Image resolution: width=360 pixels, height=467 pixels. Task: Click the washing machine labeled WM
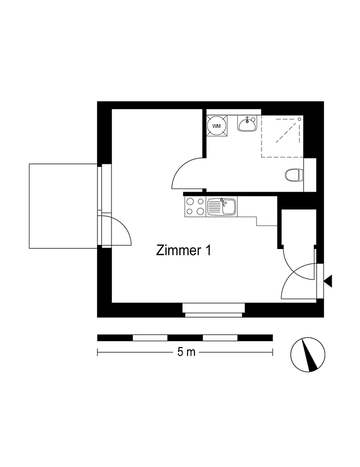pos(217,126)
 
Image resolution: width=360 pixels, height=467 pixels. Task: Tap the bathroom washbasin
pos(246,123)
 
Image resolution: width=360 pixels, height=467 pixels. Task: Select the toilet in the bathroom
pos(294,175)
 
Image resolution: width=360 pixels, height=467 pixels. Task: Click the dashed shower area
pos(282,136)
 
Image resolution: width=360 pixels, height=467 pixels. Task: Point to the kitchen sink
pos(222,207)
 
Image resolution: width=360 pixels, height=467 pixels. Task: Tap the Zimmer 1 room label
pos(184,251)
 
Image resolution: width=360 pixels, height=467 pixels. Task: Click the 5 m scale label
pos(186,352)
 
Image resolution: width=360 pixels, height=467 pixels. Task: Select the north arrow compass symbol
pos(308,355)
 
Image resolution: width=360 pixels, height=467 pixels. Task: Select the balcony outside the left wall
pos(63,206)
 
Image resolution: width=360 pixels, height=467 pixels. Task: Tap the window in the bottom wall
pos(213,310)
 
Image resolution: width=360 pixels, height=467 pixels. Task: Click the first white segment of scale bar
pos(150,338)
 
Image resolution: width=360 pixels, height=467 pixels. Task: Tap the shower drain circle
pos(299,119)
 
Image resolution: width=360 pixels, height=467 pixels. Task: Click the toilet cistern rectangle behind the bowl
pos(310,175)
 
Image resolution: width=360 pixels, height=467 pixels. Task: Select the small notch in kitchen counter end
pos(267,221)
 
